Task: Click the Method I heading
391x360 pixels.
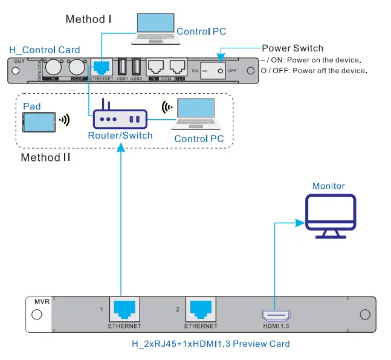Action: (88, 19)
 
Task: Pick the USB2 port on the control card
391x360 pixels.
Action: (136, 67)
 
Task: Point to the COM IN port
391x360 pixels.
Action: (156, 68)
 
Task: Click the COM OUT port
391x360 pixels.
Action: (177, 68)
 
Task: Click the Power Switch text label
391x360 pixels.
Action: (292, 48)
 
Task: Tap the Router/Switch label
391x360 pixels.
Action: (120, 136)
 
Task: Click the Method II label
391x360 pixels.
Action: (45, 158)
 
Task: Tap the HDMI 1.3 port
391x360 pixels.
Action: (276, 315)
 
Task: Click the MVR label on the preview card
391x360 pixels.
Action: (42, 301)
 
